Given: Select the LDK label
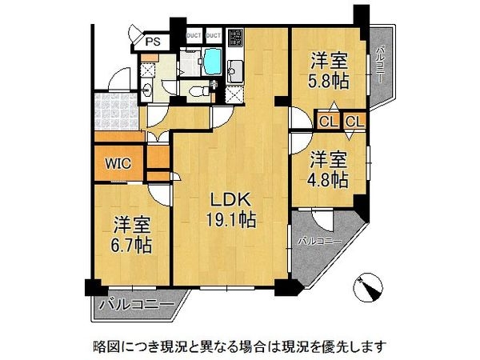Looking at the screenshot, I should (x=230, y=199).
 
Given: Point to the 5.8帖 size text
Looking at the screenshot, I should (x=329, y=79).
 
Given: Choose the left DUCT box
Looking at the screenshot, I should (x=194, y=36).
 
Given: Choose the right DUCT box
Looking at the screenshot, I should (x=214, y=36).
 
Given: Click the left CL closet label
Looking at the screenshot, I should (x=328, y=122).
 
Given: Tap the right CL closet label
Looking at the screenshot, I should (x=355, y=122).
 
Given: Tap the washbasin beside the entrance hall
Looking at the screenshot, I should (x=148, y=70).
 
